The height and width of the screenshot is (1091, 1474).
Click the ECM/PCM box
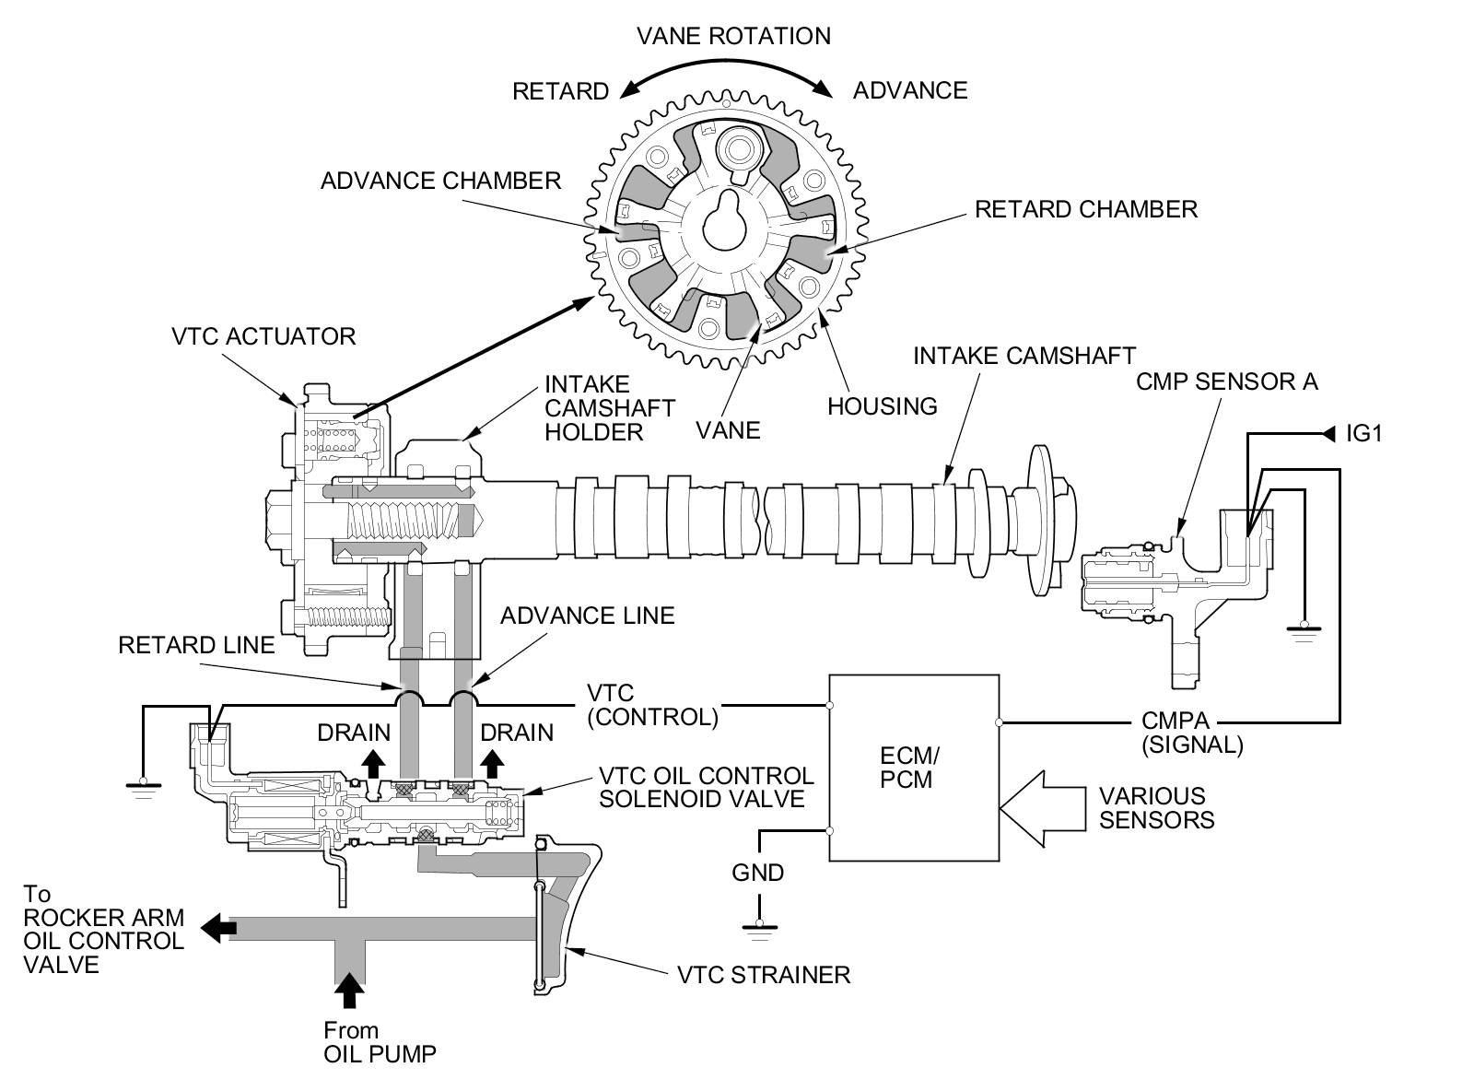pyautogui.click(x=914, y=768)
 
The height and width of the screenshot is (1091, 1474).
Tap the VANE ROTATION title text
pyautogui.click(x=733, y=36)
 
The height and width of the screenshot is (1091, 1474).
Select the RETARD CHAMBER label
pyautogui.click(x=1085, y=209)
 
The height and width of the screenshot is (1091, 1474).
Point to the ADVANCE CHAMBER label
pyautogui.click(x=440, y=180)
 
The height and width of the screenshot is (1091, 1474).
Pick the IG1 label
pyautogui.click(x=1363, y=432)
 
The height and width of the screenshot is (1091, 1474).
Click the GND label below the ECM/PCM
pyautogui.click(x=757, y=872)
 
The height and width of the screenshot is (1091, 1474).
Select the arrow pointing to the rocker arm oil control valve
pyautogui.click(x=217, y=928)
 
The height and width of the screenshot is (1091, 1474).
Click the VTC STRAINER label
pyautogui.click(x=763, y=974)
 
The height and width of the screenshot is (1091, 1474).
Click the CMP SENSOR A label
pyautogui.click(x=1226, y=381)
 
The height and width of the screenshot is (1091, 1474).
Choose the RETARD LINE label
pyautogui.click(x=196, y=645)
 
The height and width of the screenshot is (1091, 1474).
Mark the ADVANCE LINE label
pyautogui.click(x=587, y=615)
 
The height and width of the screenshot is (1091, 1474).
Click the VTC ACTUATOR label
pyautogui.click(x=263, y=335)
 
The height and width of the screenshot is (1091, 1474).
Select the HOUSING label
pyautogui.click(x=882, y=405)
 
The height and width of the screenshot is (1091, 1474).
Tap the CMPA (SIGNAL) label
pyautogui.click(x=1192, y=733)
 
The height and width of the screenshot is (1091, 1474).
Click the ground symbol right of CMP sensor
pyautogui.click(x=1303, y=631)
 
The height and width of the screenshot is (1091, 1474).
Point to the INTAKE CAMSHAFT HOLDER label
pyautogui.click(x=609, y=407)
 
